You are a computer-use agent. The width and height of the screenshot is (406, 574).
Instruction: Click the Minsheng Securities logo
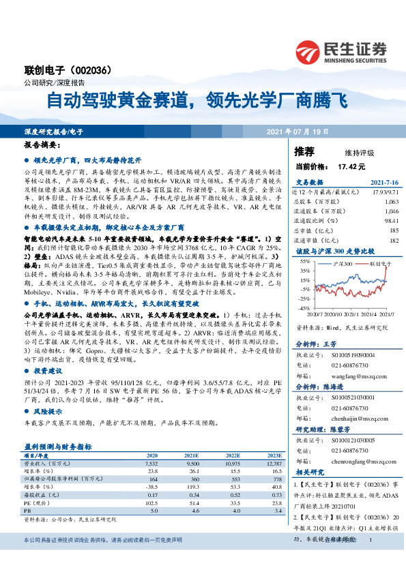pos(340,49)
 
